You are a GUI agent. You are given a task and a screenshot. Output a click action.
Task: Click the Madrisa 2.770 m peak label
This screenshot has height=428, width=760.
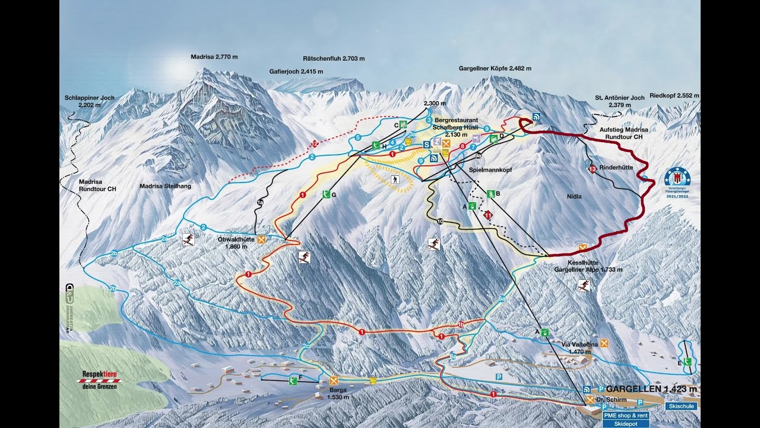[214, 57]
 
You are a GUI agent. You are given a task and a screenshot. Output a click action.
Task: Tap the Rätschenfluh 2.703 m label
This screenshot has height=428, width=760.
[334, 59]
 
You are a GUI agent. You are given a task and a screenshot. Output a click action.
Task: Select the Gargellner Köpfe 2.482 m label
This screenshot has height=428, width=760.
[495, 68]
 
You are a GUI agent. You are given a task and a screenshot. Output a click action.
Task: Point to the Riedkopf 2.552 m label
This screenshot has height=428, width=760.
[674, 95]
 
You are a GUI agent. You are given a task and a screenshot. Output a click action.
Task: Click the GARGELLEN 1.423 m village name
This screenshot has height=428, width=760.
[651, 389]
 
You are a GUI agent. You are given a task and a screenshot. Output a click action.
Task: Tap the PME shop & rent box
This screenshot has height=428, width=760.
[625, 416]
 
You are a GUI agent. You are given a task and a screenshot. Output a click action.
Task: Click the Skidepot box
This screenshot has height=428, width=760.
[625, 424]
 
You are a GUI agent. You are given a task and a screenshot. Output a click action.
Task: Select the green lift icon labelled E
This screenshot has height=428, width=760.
[688, 361]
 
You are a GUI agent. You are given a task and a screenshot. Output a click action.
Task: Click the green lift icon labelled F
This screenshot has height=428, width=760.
[293, 380]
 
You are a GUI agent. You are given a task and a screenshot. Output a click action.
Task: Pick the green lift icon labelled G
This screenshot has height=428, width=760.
[326, 194]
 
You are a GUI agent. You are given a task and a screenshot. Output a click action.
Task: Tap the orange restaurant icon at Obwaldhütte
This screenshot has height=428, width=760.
[261, 240]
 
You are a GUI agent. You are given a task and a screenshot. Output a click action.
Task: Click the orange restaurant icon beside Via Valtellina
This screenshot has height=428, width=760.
[604, 343]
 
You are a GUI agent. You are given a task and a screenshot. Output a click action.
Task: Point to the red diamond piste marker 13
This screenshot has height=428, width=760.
[591, 170]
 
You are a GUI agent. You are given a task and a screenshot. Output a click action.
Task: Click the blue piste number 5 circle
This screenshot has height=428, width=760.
[357, 138]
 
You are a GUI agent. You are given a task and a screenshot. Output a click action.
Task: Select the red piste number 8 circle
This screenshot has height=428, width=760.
[462, 146]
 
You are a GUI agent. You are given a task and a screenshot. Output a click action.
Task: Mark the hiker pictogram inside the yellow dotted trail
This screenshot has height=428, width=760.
[394, 179]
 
